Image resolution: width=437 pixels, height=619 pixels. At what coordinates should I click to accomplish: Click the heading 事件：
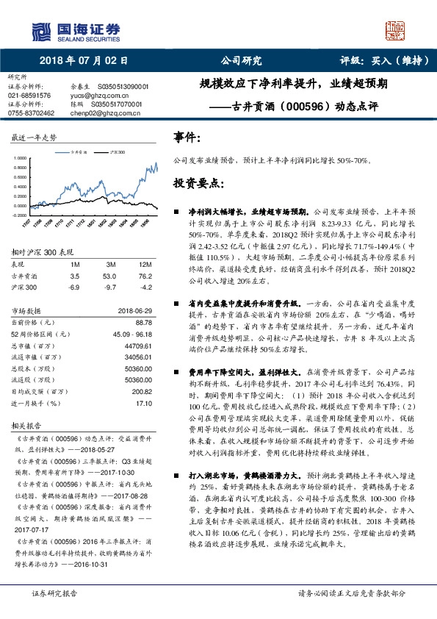pyautogui.click(x=186, y=137)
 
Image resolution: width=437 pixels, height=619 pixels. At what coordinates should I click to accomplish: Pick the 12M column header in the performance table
pyautogui.click(x=145, y=263)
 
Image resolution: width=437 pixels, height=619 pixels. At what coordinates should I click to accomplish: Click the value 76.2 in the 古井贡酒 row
pyautogui.click(x=145, y=276)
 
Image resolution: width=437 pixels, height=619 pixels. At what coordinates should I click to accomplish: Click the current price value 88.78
pyautogui.click(x=144, y=322)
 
